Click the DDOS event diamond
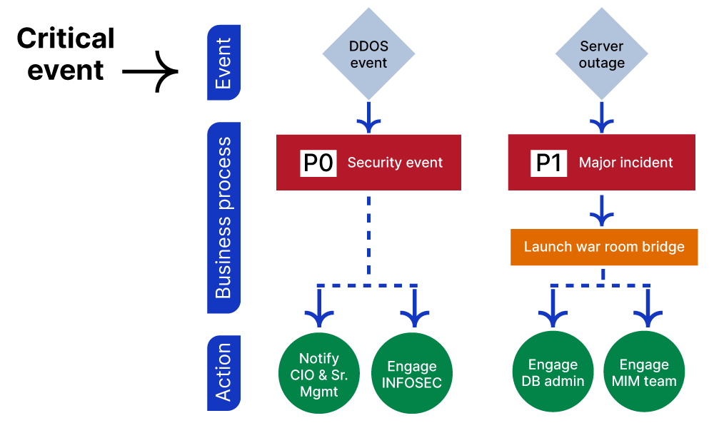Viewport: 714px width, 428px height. point(368,55)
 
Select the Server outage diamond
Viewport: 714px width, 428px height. point(601,55)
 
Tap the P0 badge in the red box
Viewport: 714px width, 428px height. point(318,163)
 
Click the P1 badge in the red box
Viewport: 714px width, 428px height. point(550,163)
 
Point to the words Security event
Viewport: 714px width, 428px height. point(395,163)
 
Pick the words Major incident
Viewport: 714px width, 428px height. point(625,163)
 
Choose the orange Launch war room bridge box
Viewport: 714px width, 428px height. point(603,247)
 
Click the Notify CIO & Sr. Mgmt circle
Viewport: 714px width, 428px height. point(318,374)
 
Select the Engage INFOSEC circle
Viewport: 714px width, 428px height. point(412,374)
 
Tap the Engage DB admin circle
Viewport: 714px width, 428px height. point(553,372)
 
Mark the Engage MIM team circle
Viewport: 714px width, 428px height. point(644,372)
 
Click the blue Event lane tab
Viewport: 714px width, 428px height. point(223,63)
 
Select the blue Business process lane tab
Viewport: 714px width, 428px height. point(223,218)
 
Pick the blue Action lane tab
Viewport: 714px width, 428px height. point(223,373)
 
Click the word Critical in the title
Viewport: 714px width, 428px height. point(66,39)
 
